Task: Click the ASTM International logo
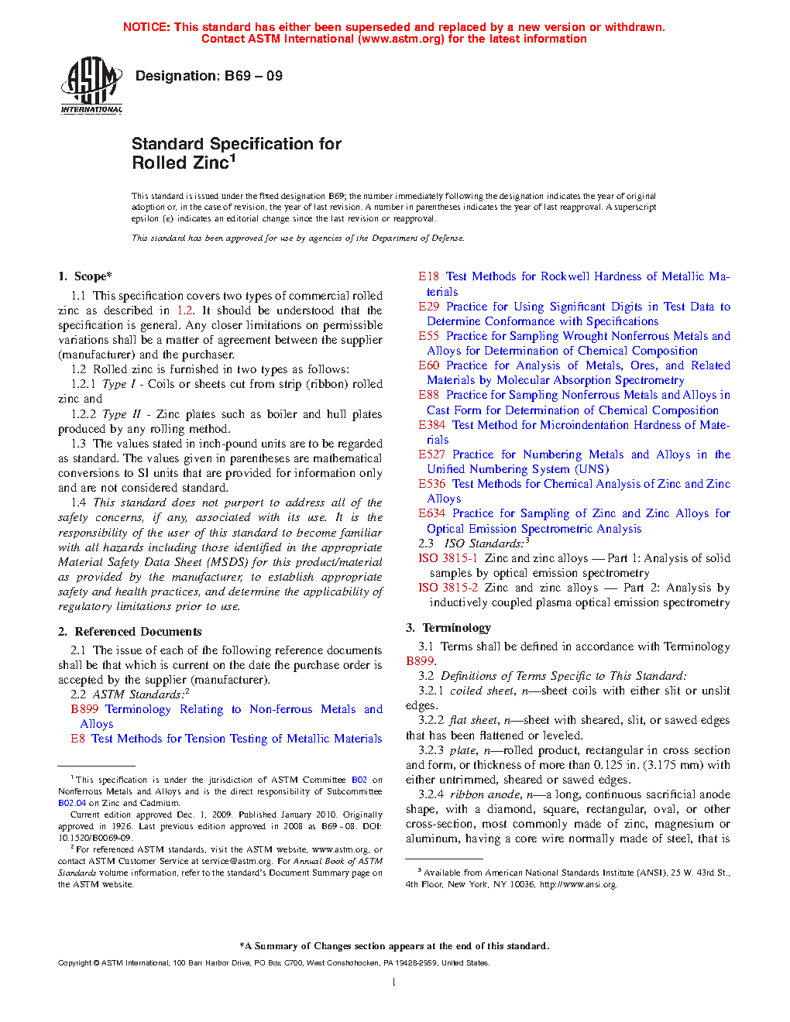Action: (91, 86)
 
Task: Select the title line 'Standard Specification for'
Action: (236, 144)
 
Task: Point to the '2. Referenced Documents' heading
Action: (130, 632)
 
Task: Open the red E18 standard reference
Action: (429, 276)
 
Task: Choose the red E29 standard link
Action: (429, 307)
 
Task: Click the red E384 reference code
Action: (432, 425)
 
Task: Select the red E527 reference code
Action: (432, 454)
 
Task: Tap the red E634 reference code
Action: (432, 513)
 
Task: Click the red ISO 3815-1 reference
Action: (448, 558)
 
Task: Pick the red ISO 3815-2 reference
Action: (448, 588)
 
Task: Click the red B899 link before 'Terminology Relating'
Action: (84, 709)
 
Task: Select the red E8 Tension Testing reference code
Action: (77, 739)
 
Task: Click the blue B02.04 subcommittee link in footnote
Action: (72, 803)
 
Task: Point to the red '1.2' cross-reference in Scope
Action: (185, 310)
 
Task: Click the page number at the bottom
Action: (394, 983)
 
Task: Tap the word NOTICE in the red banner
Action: (146, 27)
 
